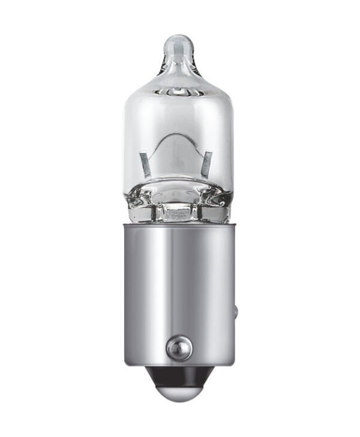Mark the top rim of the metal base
179,224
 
